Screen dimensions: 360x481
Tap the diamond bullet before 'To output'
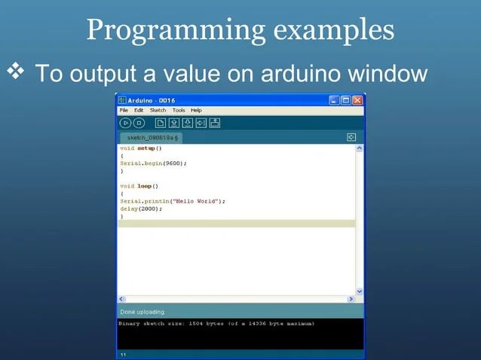[17, 73]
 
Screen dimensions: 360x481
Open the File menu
[124, 110]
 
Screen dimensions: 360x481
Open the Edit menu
[139, 110]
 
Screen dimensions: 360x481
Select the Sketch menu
[158, 110]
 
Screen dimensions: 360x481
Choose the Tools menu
[179, 110]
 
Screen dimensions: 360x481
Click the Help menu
[196, 110]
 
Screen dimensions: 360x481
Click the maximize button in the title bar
[346, 100]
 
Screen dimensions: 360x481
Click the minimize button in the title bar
[334, 100]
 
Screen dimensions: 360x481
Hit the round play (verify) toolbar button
[126, 122]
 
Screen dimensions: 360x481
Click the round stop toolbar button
[139, 122]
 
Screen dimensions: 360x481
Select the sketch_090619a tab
[151, 138]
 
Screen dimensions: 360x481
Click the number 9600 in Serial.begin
[172, 163]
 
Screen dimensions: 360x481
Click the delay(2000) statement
[139, 209]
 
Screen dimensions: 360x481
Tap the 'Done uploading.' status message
[142, 312]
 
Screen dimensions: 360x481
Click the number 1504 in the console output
[198, 324]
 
